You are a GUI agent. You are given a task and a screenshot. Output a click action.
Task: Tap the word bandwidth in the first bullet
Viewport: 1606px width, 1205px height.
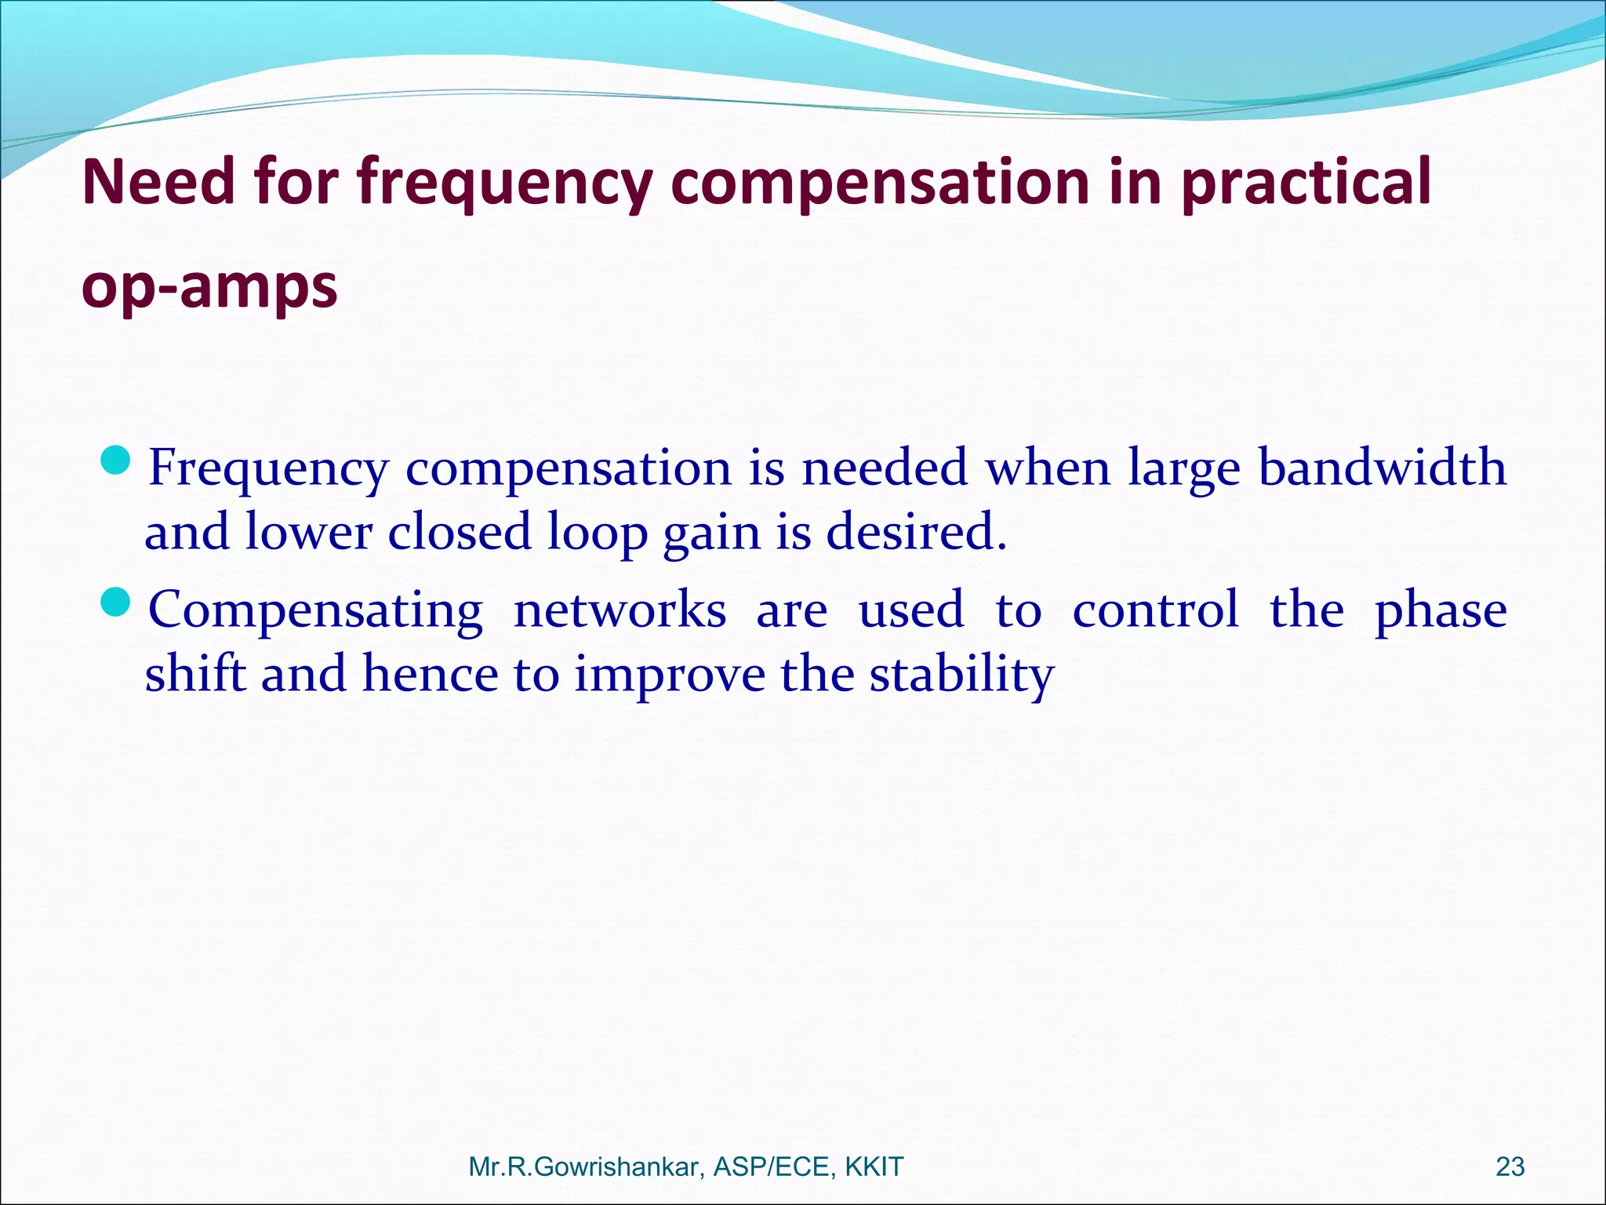(1383, 468)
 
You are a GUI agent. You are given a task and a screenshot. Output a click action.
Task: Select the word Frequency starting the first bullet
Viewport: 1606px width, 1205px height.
(268, 469)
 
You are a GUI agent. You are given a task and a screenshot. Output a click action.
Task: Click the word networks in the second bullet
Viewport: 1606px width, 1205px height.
(620, 610)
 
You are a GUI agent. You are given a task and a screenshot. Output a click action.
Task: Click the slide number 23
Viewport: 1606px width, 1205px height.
(1510, 1167)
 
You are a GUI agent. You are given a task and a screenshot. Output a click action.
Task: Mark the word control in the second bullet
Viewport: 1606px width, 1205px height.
(1155, 610)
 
